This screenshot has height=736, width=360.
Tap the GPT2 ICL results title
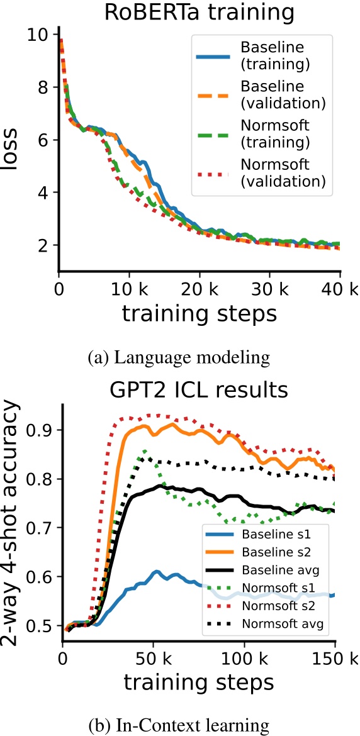coord(198,390)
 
